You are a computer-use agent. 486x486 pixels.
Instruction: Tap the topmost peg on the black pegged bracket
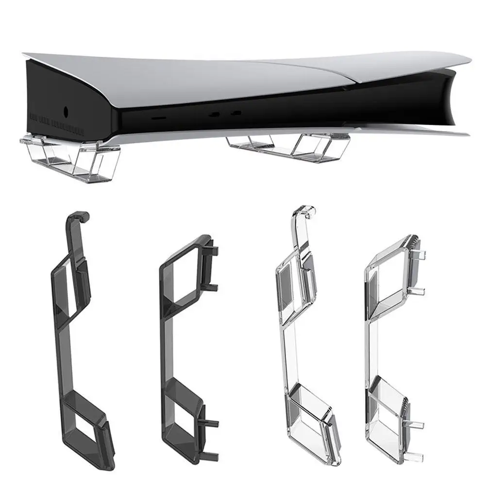pyautogui.click(x=214, y=251)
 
